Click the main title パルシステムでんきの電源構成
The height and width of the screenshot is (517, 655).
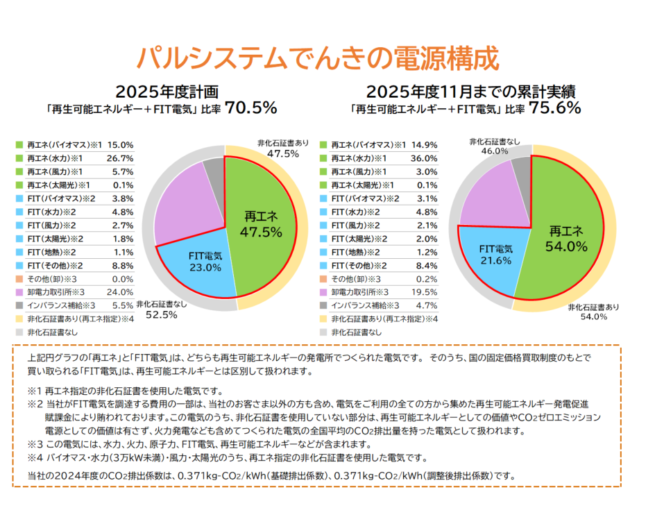click(317, 58)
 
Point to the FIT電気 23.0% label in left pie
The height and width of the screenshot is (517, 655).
click(205, 262)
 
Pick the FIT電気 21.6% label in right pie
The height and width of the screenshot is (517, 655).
click(496, 254)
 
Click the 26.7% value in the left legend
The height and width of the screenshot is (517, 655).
click(121, 158)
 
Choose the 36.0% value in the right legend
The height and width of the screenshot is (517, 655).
click(424, 158)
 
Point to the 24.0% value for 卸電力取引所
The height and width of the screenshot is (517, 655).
click(121, 292)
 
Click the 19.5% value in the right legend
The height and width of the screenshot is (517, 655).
click(424, 292)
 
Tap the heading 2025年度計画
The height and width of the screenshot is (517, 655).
click(167, 91)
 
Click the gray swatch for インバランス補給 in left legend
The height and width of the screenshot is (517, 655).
click(19, 305)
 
